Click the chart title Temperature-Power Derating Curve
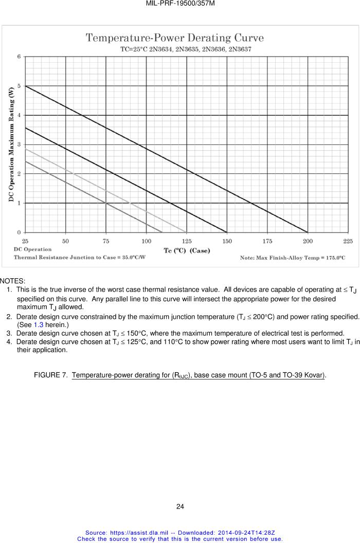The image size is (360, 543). pyautogui.click(x=174, y=38)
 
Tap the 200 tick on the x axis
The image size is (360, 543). pyautogui.click(x=308, y=241)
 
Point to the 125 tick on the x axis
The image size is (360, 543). pyautogui.click(x=187, y=241)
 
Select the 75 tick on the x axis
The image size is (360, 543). pyautogui.click(x=106, y=241)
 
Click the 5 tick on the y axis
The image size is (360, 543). pyautogui.click(x=20, y=86)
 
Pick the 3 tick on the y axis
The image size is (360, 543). pyautogui.click(x=20, y=144)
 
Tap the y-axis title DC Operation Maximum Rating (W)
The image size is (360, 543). pyautogui.click(x=11, y=144)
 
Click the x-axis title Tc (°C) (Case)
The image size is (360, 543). pyautogui.click(x=187, y=250)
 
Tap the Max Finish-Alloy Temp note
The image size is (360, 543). pyautogui.click(x=293, y=257)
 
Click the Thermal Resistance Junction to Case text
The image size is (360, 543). pyautogui.click(x=79, y=257)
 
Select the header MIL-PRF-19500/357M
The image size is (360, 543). pyautogui.click(x=180, y=4)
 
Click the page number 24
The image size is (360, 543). pyautogui.click(x=180, y=506)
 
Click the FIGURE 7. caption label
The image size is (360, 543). pyautogui.click(x=50, y=375)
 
